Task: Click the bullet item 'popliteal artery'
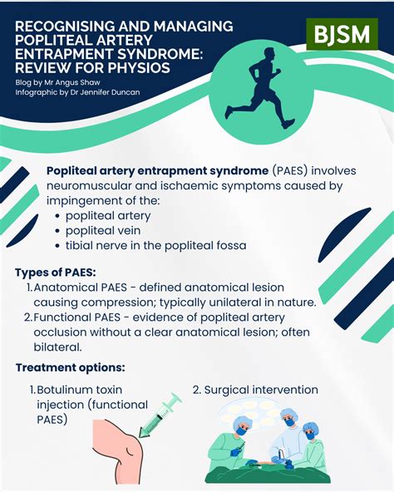(114, 215)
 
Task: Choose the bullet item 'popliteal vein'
(108, 230)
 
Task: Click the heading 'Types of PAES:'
(56, 273)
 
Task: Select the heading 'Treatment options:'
(70, 367)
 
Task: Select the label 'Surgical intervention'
(262, 389)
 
